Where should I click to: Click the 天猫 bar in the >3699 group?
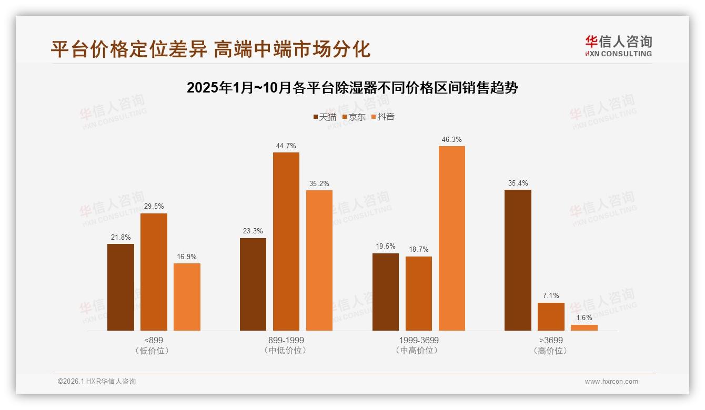[x=518, y=260]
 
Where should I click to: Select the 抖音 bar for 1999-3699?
[x=451, y=238]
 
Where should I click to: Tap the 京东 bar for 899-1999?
[x=286, y=241]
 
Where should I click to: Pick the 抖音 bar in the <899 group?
[x=187, y=297]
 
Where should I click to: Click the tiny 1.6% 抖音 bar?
[x=584, y=327]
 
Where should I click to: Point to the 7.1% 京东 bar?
[x=551, y=316]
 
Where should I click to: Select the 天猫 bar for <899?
[x=120, y=287]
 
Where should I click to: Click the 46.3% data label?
[x=451, y=140]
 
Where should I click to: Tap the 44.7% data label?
[x=286, y=146]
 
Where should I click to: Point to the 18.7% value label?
[x=419, y=250]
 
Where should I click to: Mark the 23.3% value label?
[x=253, y=231]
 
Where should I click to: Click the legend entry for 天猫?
[x=325, y=117]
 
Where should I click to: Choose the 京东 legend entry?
[x=354, y=117]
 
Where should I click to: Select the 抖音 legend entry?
[x=382, y=117]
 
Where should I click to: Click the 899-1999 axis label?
[x=286, y=340]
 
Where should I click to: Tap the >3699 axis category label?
[x=551, y=340]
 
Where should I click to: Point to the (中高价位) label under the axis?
[x=418, y=351]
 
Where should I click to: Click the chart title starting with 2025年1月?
[x=352, y=88]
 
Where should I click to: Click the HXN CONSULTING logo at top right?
[x=618, y=46]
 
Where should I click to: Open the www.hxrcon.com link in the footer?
[x=611, y=382]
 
